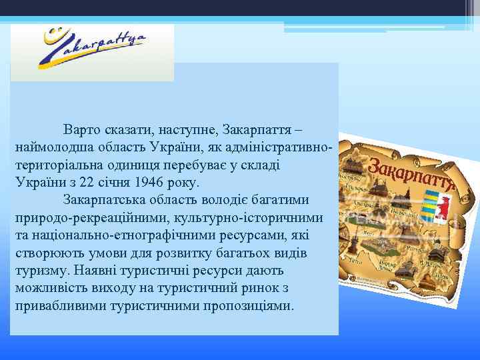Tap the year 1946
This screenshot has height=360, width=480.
click(x=149, y=182)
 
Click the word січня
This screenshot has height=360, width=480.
click(x=113, y=182)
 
